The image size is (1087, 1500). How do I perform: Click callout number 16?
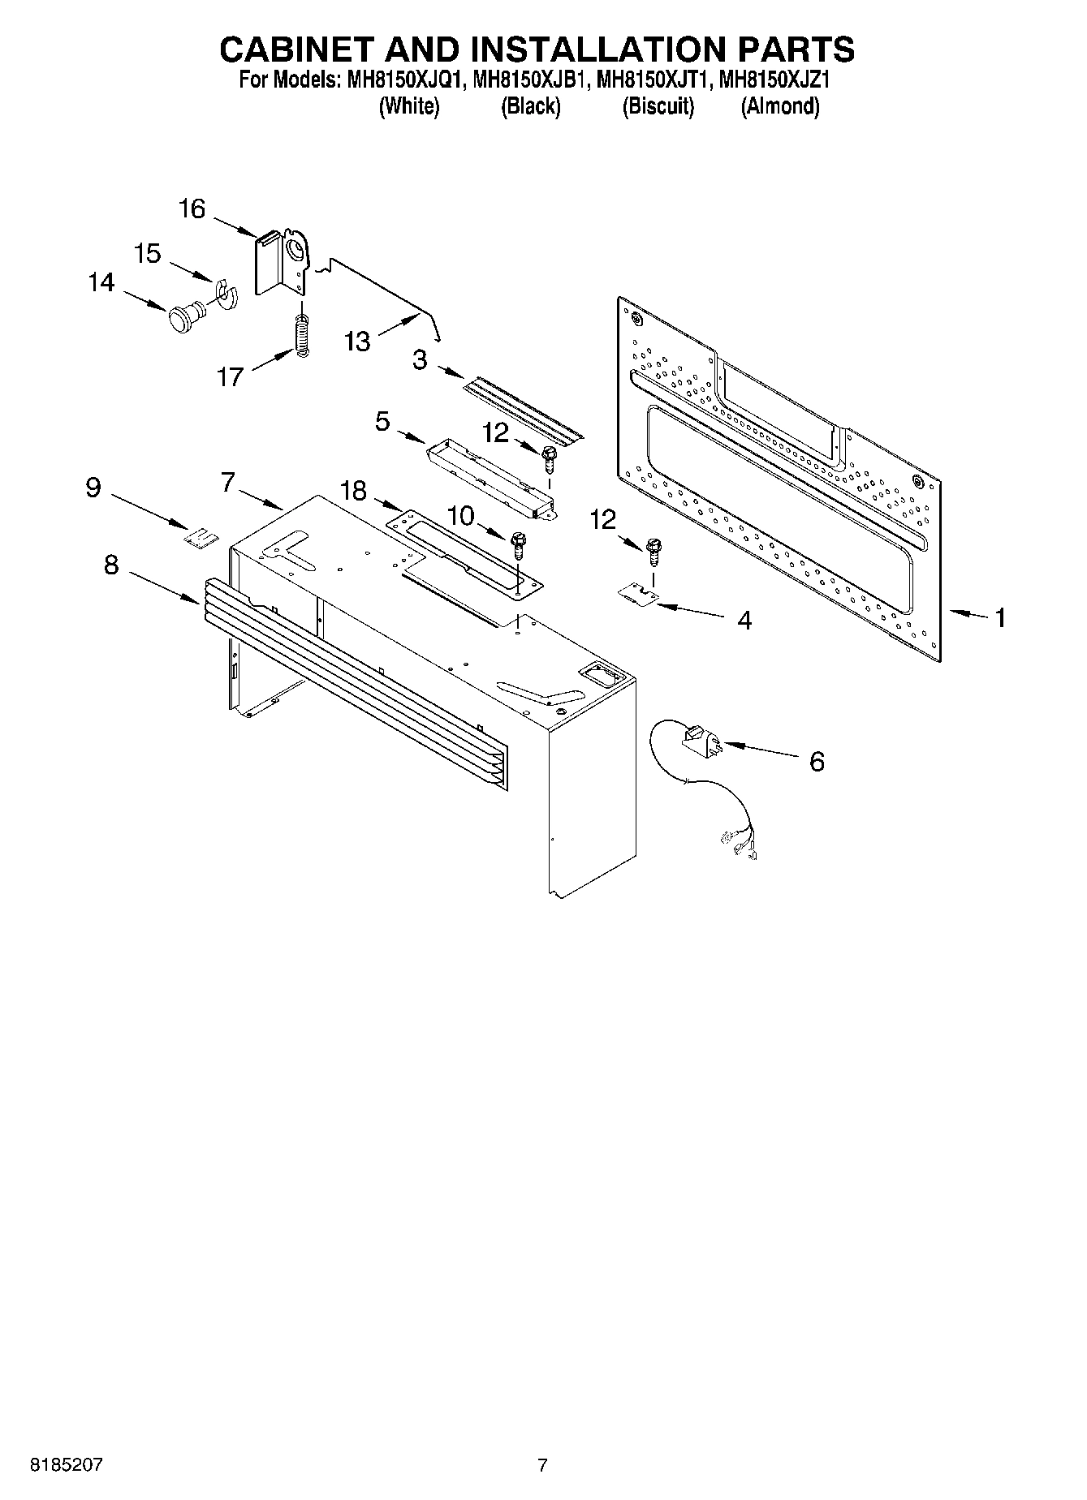[x=192, y=209]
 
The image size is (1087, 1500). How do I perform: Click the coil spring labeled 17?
[x=303, y=334]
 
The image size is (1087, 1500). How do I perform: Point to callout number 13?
[x=356, y=342]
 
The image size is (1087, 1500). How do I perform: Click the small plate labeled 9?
[x=201, y=537]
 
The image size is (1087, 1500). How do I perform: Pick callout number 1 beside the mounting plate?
[x=1000, y=618]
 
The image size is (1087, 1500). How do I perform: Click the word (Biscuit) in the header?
[x=658, y=106]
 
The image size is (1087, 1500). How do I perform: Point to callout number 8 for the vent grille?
[x=111, y=565]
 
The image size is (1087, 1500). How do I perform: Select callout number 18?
[x=353, y=491]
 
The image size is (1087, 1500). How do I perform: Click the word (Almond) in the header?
[x=779, y=106]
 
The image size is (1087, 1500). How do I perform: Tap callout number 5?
[x=382, y=422]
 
